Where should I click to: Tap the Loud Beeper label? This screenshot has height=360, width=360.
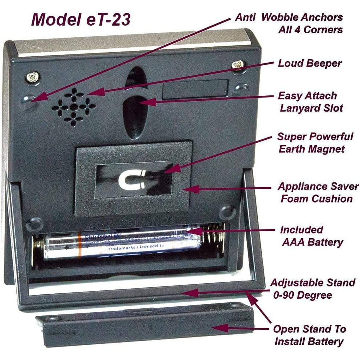point(310,63)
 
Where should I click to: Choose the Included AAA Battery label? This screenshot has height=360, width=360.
point(311,236)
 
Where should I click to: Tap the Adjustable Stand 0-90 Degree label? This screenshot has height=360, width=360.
point(312,289)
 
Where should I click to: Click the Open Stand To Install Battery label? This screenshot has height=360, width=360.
point(309,335)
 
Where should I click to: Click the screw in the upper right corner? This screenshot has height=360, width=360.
point(239,64)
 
